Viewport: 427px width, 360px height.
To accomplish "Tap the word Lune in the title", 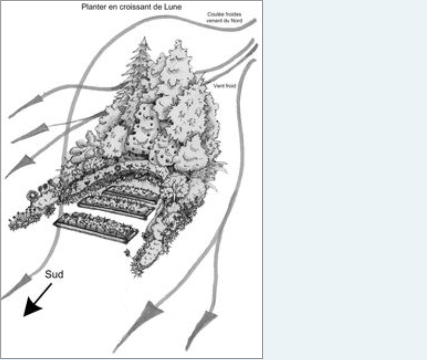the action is (x=173, y=7).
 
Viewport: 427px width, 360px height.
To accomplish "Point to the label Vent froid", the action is (x=224, y=86).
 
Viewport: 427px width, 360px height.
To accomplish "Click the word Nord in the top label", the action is (x=236, y=21).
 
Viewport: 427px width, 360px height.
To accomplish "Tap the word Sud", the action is (x=54, y=274).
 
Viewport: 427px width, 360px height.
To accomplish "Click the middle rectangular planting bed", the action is (x=116, y=207).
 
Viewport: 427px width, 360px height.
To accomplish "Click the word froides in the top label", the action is (x=233, y=14).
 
